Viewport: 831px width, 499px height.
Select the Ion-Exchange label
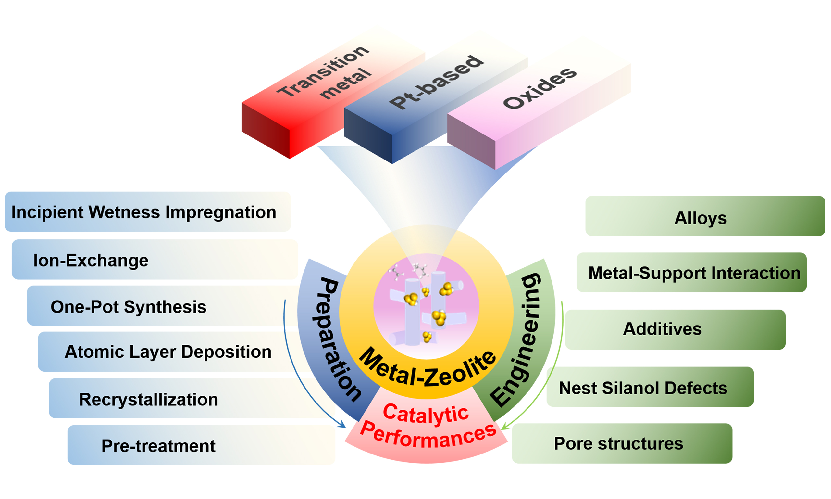pos(91,260)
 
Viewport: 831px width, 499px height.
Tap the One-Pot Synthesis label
pos(128,307)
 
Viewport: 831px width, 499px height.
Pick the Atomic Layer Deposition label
pos(168,352)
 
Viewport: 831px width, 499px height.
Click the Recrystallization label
pos(148,400)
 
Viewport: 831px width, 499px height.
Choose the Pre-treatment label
pos(158,446)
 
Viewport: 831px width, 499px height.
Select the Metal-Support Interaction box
pos(694,273)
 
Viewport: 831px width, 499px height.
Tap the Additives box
pos(662,329)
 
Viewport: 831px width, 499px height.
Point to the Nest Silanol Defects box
pos(643,388)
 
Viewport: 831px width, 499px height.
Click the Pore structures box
pos(618,443)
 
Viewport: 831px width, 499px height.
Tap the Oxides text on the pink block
pos(540,88)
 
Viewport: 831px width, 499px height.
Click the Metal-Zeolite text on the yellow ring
pos(427,368)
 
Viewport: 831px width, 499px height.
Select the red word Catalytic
pos(426,414)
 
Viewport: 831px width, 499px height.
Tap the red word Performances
pos(428,435)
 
